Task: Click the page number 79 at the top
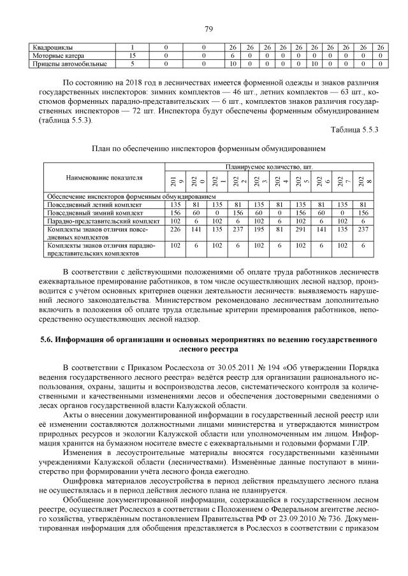208,29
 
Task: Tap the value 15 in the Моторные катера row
132,56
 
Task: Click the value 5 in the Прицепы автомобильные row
132,64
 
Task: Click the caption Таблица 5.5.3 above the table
355,129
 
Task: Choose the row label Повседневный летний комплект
88,205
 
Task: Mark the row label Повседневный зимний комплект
88,213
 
